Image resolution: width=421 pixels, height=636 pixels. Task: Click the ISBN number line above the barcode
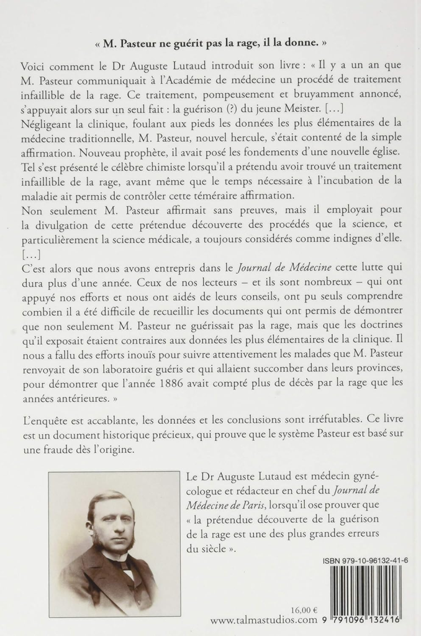pos(361,560)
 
